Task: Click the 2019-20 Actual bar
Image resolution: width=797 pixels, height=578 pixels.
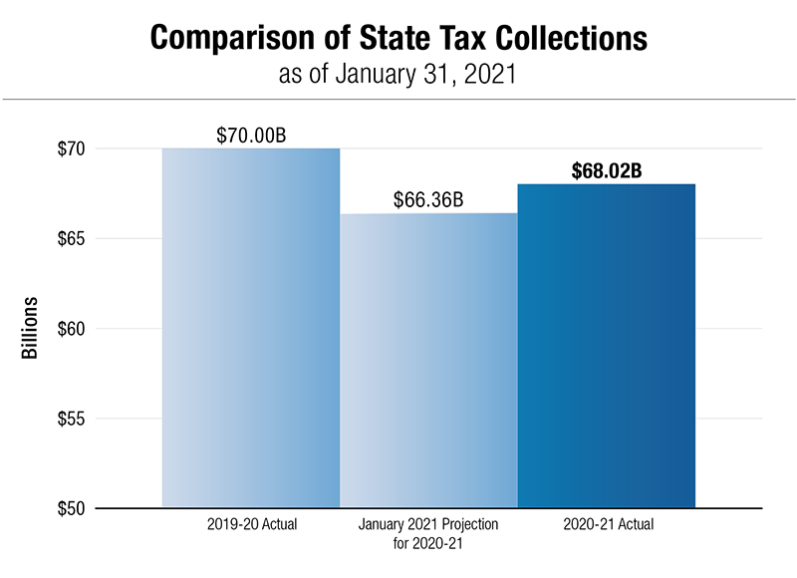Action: click(x=251, y=329)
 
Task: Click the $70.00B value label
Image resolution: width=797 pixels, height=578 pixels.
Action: click(x=251, y=135)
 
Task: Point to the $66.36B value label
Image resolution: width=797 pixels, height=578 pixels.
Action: click(x=428, y=199)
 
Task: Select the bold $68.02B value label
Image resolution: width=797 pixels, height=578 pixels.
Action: click(x=607, y=169)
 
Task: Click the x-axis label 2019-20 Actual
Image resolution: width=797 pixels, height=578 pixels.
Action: click(x=252, y=524)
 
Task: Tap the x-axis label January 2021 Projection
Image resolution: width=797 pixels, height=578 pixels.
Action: click(x=428, y=524)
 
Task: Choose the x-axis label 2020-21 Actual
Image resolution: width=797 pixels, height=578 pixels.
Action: click(x=607, y=524)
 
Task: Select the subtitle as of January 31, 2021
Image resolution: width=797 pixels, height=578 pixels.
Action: click(x=398, y=75)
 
